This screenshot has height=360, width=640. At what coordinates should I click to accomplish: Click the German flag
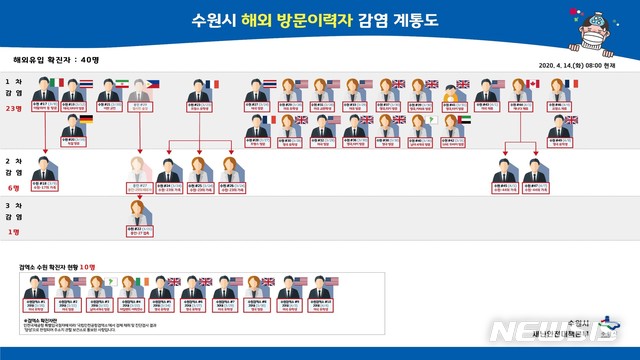click(x=87, y=119)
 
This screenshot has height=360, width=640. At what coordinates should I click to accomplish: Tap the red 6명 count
click(x=14, y=187)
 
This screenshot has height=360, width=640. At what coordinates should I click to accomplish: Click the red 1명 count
click(x=14, y=232)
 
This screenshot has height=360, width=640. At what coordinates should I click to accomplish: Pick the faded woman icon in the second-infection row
click(x=139, y=167)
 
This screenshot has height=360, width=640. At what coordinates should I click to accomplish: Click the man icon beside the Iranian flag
click(x=106, y=91)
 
